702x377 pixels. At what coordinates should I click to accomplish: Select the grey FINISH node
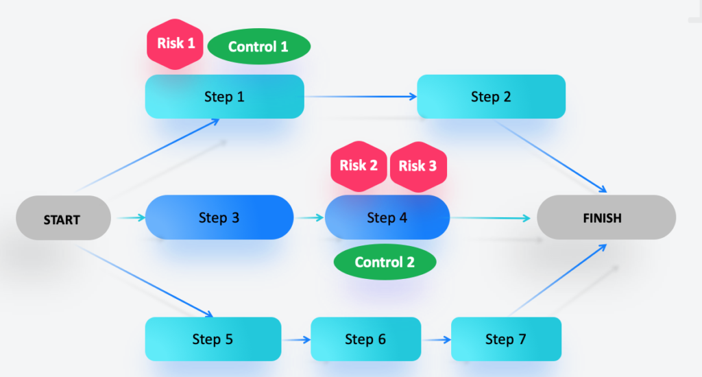coord(606,218)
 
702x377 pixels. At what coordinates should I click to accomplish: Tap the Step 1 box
coord(224,97)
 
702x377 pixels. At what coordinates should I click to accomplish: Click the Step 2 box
coord(491,97)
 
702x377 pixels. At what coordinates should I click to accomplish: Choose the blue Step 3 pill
coord(219,217)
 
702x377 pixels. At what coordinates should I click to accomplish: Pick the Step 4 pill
coord(387,217)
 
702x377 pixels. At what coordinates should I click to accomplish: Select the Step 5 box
coord(213,339)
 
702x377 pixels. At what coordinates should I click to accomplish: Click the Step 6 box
coord(365,339)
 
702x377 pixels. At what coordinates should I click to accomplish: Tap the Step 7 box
coord(506,339)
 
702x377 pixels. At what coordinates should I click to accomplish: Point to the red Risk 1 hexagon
coord(176,44)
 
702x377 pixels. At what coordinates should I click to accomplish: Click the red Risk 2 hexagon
coord(359,165)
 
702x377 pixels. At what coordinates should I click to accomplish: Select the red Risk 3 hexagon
coord(417,165)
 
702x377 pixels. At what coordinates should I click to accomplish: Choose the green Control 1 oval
coord(258,47)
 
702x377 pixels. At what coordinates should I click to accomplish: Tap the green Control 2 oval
coord(385,262)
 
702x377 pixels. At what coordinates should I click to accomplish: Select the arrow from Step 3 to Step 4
coord(309,218)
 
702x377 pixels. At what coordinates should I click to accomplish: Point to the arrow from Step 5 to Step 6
coord(296,339)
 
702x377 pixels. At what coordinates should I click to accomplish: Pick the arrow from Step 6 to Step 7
coord(436,339)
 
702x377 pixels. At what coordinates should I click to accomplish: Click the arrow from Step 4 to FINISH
coord(491,218)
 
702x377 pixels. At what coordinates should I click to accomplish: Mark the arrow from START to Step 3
coord(129,218)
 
